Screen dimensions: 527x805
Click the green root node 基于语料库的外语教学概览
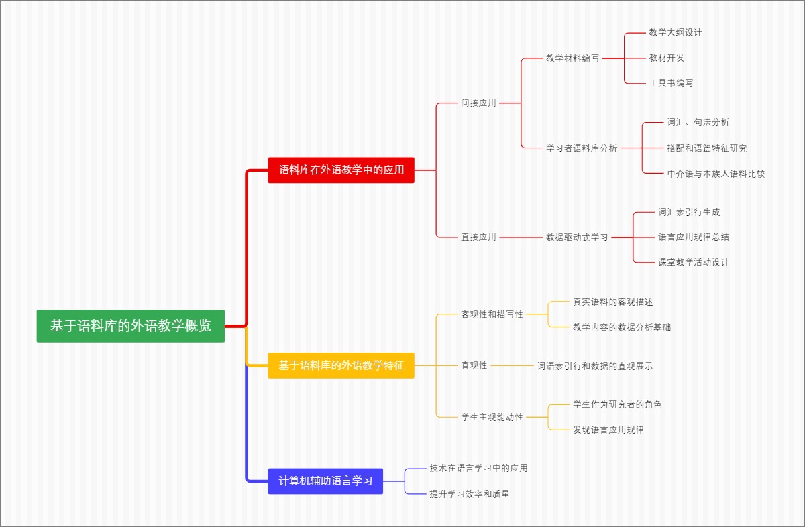point(130,326)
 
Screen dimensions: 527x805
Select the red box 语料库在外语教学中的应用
point(341,170)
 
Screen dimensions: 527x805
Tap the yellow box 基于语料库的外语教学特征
point(341,366)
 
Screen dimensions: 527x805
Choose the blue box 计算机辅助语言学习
point(325,481)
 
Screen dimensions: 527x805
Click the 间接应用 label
point(478,103)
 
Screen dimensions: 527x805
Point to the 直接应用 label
point(478,237)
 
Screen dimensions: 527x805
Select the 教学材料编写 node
point(572,58)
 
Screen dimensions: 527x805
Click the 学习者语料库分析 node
point(582,148)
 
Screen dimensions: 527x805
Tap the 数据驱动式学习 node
point(577,237)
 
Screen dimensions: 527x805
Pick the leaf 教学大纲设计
point(676,32)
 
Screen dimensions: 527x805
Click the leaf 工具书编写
point(671,83)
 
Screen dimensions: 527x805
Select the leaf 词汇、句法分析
point(698,122)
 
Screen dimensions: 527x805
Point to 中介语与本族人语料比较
point(716,174)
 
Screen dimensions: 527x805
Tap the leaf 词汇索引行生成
point(689,212)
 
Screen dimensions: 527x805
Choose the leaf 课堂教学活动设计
point(693,262)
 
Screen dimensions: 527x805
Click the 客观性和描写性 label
point(492,314)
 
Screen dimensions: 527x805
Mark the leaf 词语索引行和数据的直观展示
point(594,366)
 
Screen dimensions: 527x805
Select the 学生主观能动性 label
point(492,417)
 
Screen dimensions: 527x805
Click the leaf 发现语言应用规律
point(608,430)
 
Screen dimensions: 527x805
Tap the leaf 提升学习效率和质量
point(470,494)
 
